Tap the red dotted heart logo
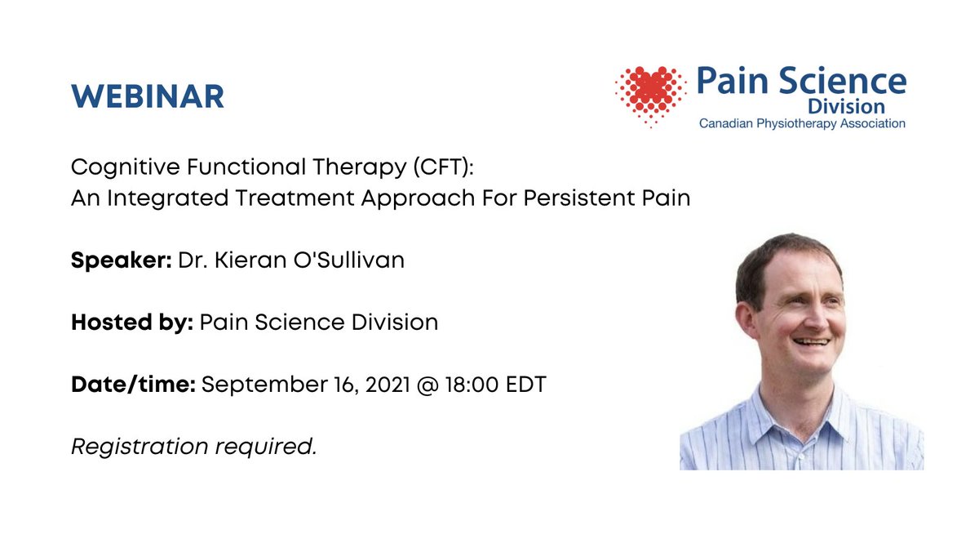click(x=649, y=94)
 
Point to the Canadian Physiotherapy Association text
click(x=802, y=123)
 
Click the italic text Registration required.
click(x=194, y=447)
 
